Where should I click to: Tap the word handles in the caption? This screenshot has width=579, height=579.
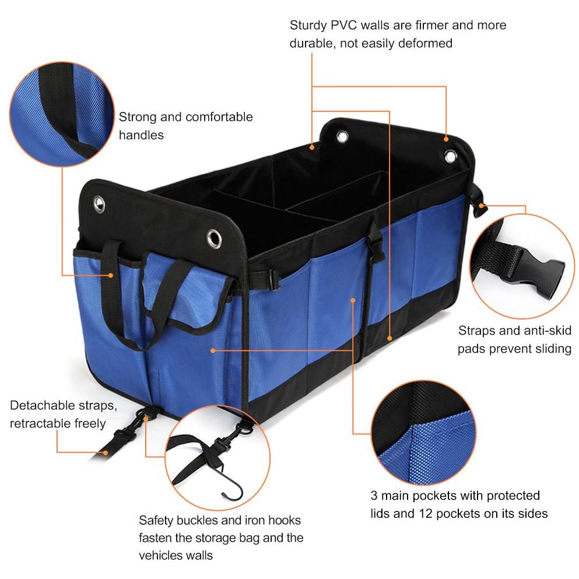[141, 135]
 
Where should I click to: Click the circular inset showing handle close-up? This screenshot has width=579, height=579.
[62, 114]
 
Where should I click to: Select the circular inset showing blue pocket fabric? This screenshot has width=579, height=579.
[423, 433]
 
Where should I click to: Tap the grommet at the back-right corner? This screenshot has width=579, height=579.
[451, 157]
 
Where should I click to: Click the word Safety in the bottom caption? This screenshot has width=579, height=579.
[156, 520]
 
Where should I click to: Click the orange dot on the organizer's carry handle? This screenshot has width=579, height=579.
[110, 275]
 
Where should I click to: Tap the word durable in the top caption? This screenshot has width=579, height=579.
[313, 44]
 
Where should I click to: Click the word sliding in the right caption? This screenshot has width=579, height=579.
[552, 349]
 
